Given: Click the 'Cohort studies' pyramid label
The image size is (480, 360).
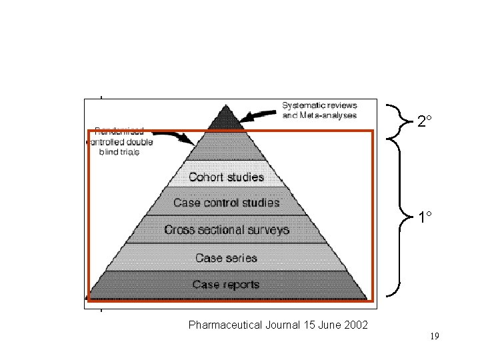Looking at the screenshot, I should pyautogui.click(x=226, y=177).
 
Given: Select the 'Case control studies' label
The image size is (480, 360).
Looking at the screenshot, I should pyautogui.click(x=226, y=202).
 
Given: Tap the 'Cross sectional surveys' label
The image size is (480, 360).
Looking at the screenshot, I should pyautogui.click(x=227, y=230).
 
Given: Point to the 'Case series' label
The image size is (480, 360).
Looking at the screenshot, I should pyautogui.click(x=226, y=258).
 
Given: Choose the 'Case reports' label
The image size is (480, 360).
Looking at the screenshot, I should pyautogui.click(x=226, y=285).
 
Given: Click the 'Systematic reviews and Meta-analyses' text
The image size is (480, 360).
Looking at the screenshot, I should pyautogui.click(x=319, y=110).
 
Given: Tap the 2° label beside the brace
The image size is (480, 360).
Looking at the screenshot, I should pyautogui.click(x=425, y=121).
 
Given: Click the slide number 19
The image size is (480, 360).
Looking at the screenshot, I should pyautogui.click(x=434, y=337).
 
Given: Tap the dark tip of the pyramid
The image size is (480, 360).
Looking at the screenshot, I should pyautogui.click(x=225, y=119).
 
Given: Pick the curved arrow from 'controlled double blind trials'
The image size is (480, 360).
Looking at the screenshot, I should pyautogui.click(x=179, y=136).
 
